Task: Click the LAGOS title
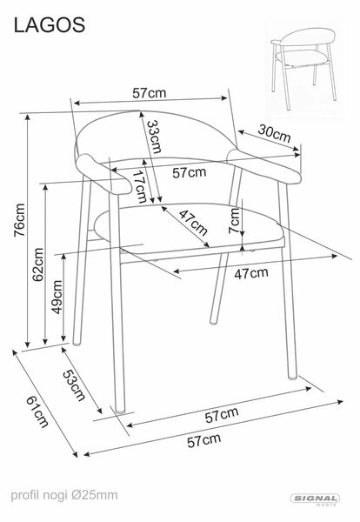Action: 50,25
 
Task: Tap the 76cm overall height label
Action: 20,220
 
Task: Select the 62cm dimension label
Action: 38,264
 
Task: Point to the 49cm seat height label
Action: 57,297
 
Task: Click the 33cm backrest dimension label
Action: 154,137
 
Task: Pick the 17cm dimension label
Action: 139,187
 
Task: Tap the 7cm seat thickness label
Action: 234,220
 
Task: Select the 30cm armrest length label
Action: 274,133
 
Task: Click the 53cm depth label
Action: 74,385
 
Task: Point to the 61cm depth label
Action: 37,412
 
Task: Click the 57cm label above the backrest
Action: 149,93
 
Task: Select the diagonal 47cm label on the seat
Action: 193,223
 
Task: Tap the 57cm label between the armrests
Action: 190,172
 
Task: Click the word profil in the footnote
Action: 25,495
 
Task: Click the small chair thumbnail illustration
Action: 303,69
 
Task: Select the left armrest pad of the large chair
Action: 103,174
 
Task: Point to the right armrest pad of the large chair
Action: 263,165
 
